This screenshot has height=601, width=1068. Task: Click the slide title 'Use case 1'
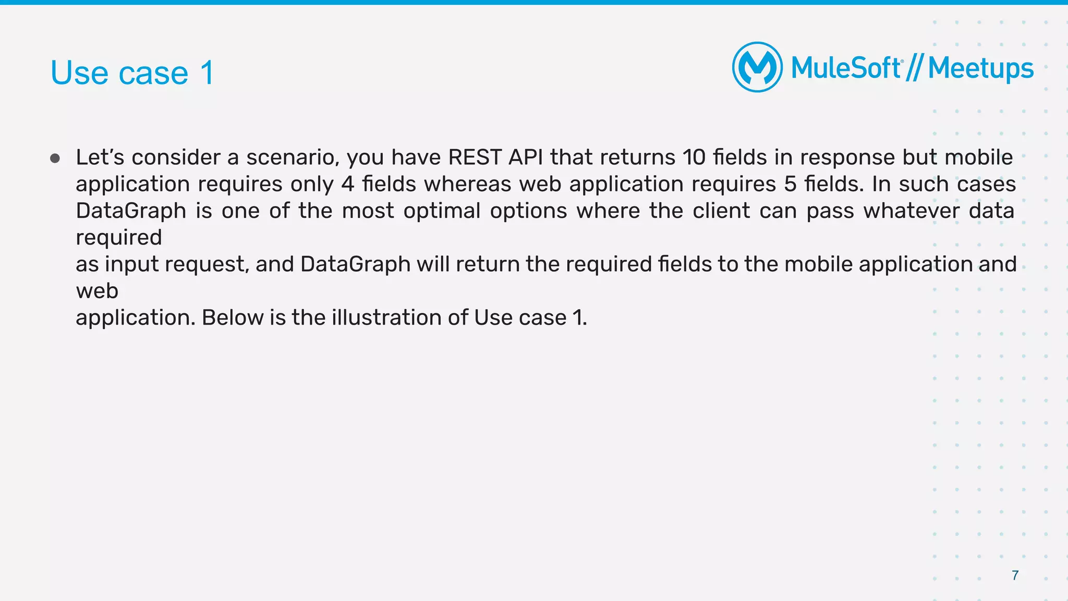coord(132,72)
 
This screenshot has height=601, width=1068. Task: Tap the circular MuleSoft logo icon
coord(757,67)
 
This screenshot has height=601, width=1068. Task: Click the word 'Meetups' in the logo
coord(980,68)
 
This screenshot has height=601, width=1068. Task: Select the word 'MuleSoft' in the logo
coord(845,68)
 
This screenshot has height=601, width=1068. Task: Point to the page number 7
coord(1015,575)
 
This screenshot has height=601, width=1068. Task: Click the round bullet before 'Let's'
coord(55,158)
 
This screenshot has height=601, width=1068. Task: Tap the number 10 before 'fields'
coord(694,157)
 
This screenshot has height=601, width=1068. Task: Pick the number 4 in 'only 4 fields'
coord(347,184)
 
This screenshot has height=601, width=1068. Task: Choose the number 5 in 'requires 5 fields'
coord(790,184)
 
